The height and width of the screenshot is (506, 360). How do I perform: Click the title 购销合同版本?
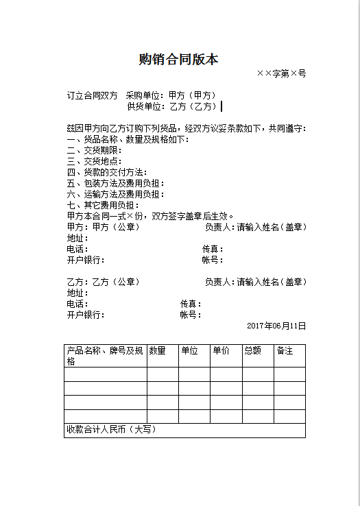click(178, 60)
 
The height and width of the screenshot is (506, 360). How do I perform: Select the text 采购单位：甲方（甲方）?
click(171, 95)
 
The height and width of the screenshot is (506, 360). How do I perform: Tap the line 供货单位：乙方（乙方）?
click(172, 106)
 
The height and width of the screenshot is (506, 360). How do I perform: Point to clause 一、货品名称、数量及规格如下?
click(127, 139)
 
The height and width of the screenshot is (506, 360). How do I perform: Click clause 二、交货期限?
click(95, 150)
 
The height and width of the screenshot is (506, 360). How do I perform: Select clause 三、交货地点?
click(95, 161)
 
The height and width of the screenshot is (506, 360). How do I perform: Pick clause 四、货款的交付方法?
click(106, 172)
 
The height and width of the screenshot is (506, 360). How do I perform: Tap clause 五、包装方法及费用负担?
click(115, 183)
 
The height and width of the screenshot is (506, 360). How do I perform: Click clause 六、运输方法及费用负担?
click(115, 194)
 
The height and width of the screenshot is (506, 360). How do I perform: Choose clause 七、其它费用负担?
click(103, 205)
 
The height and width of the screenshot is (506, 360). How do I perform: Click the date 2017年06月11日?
click(276, 326)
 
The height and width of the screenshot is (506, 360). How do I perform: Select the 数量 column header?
click(157, 351)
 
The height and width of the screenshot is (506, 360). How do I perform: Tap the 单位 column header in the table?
click(189, 351)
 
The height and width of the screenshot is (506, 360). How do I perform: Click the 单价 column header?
click(221, 351)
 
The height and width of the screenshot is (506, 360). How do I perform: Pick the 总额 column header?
click(252, 351)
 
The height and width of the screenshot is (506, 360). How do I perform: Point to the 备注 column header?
click(285, 351)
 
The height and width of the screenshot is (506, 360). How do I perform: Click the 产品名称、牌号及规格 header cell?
click(105, 356)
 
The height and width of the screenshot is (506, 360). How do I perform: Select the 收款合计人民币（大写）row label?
click(111, 430)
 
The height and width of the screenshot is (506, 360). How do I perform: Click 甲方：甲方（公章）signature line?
click(103, 227)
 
